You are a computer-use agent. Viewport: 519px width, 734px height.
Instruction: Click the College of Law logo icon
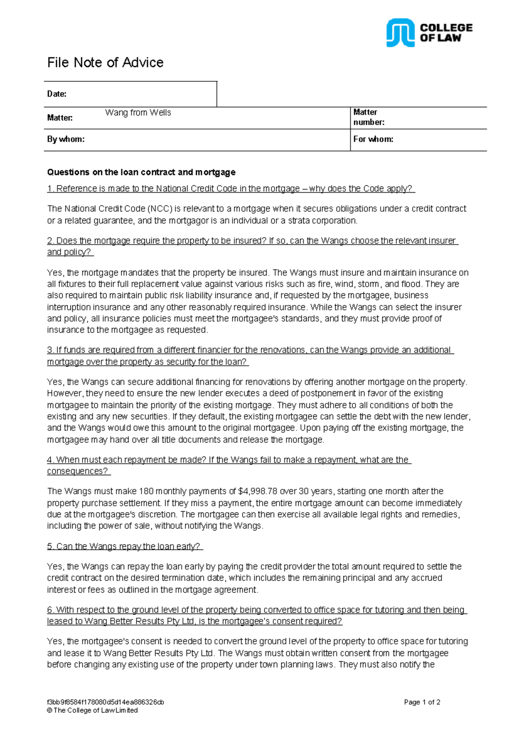point(400,32)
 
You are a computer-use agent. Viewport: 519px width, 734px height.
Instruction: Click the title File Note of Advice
point(105,63)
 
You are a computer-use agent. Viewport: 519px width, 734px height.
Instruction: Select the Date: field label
point(57,94)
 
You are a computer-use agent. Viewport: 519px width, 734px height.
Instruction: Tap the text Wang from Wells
point(138,113)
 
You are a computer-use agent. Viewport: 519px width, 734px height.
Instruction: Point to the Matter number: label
point(368,117)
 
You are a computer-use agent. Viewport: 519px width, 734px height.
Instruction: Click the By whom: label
point(66,139)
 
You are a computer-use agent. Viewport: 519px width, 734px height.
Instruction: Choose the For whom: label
point(373,139)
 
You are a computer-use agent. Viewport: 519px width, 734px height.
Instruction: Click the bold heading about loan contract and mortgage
point(141,172)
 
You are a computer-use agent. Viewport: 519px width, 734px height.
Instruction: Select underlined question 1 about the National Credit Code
point(231,189)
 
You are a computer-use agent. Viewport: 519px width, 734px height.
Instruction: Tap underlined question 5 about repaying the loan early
point(125,547)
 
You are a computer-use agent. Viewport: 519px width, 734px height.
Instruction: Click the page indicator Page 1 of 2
point(422,702)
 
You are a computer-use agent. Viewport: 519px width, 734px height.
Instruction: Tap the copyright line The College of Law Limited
point(93,711)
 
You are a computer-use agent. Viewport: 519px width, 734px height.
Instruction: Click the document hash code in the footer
point(105,702)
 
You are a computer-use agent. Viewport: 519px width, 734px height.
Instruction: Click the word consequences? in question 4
point(78,471)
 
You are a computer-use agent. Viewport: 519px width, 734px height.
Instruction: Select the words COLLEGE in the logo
point(446,28)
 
